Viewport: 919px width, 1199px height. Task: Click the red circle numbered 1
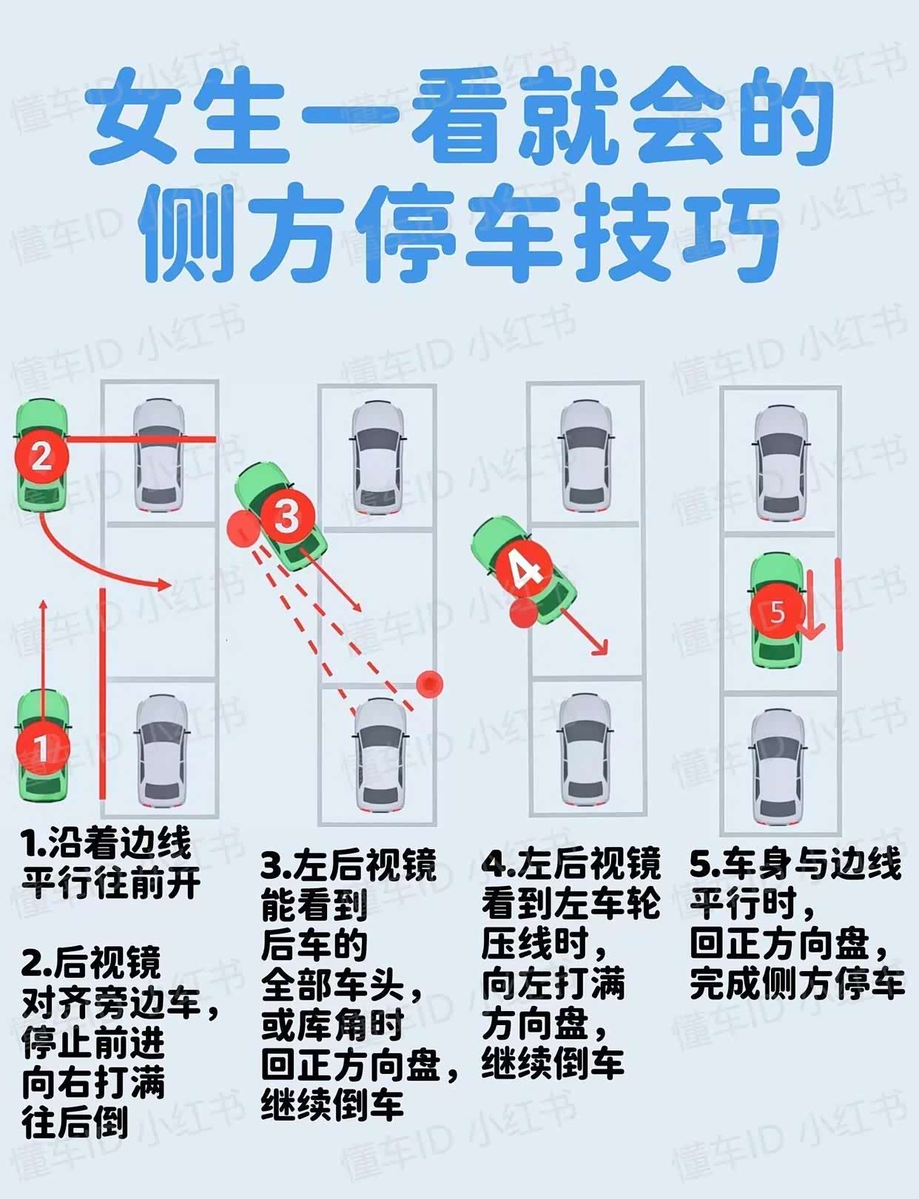43,749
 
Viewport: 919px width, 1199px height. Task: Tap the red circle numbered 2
42,456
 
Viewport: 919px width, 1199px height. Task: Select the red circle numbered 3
287,516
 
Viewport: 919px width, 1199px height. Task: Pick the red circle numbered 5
777,612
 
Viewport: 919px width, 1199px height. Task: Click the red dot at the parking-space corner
429,684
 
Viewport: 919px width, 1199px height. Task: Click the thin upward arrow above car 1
44,659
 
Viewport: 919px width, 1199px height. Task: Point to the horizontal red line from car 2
140,439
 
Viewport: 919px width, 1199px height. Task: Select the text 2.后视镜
90,963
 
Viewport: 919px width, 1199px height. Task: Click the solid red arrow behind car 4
584,632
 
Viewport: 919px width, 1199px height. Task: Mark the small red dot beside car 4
522,613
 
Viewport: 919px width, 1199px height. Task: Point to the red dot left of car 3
243,528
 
